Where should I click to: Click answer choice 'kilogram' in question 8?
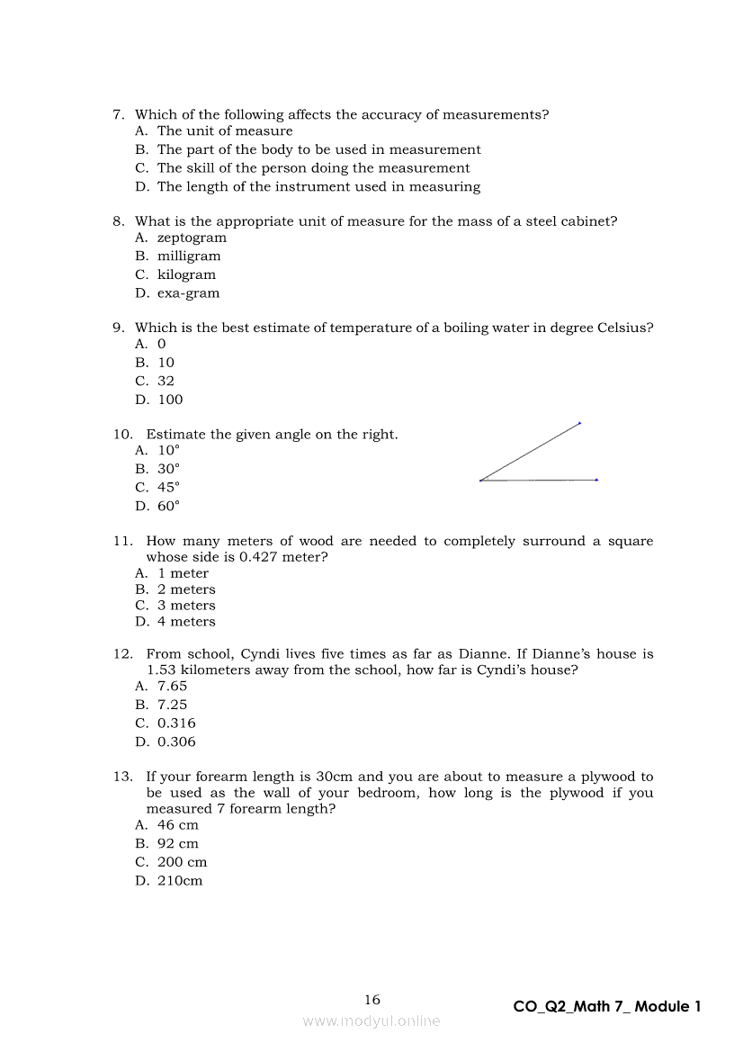pos(186,274)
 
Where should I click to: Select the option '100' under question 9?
pos(170,400)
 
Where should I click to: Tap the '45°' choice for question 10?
pos(168,487)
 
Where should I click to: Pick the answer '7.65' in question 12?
pos(172,686)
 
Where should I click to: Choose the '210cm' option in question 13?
pos(180,881)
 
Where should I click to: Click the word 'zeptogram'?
pos(192,238)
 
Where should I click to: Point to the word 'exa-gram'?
pos(188,293)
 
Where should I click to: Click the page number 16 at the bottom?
pos(372,1000)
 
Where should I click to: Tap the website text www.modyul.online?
pos(371,1021)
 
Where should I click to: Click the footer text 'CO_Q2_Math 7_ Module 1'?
pos(606,1007)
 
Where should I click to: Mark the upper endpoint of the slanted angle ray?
pos(580,422)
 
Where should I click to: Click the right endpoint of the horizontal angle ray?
pos(596,480)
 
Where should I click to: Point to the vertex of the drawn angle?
pos(480,481)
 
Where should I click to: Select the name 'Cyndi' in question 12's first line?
pos(261,654)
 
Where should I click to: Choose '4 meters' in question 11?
pos(186,622)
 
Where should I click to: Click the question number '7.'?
pos(118,115)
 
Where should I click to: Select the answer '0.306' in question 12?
pos(176,742)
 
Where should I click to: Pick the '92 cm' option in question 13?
pos(178,844)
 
